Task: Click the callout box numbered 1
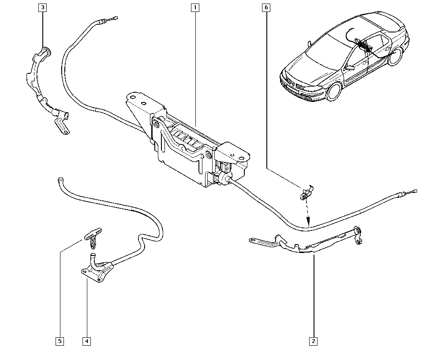(195, 8)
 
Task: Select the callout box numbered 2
(314, 341)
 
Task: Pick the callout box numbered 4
(86, 341)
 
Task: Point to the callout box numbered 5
(60, 341)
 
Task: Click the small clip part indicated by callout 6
(306, 192)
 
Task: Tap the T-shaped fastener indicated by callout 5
(92, 234)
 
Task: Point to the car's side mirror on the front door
(350, 68)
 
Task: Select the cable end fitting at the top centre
(114, 18)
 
